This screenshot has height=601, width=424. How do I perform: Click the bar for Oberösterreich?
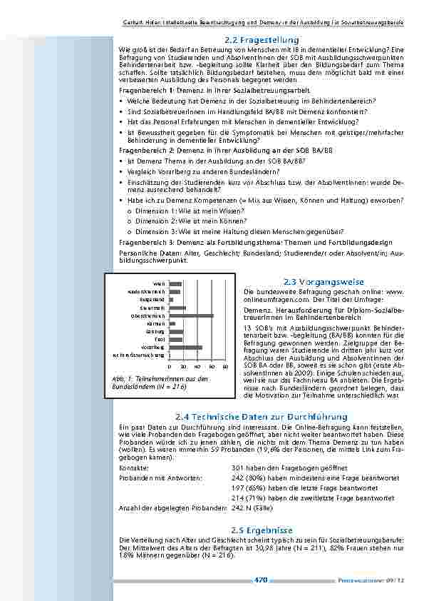pos(191,315)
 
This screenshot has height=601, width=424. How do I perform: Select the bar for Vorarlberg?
pos(185,348)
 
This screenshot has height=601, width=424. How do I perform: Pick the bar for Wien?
pos(175,284)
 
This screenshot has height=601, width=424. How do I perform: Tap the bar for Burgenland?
pos(170,300)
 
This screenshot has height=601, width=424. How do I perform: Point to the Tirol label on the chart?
pos(160,340)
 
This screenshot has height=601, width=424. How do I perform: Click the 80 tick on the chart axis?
pos(225,365)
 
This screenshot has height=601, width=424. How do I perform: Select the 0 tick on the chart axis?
pos(169,365)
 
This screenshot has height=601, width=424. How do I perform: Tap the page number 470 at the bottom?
pos(260,580)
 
